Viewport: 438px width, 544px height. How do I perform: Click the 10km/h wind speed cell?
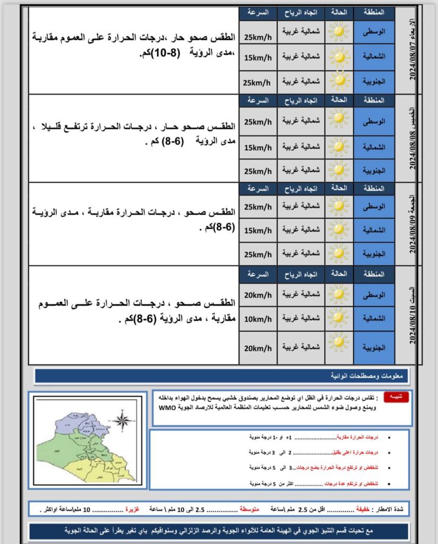258,319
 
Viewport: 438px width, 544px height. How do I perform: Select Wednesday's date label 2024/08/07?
413,50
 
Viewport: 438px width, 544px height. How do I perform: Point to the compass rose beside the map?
123,422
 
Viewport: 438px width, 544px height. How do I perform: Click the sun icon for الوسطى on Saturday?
339,294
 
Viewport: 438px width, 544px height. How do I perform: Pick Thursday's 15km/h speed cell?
258,147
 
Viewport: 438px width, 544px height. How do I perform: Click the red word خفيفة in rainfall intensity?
361,509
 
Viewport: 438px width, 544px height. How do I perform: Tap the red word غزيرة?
132,509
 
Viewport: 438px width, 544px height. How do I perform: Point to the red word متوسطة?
249,509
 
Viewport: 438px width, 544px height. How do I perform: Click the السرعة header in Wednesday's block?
258,12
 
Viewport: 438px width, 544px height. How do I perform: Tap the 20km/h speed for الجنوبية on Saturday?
258,348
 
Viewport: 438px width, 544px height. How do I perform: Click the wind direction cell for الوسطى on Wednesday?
300,32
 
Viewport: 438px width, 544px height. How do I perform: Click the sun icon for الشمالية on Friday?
339,230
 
